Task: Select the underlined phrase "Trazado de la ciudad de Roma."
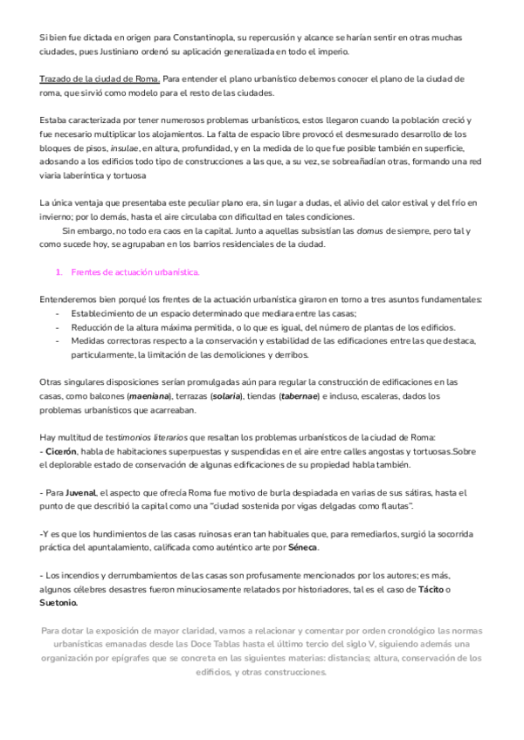(100, 79)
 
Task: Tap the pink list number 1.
(58, 271)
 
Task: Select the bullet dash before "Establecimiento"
(58, 313)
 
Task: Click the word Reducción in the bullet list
(95, 327)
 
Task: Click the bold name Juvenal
(77, 493)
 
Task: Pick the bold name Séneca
(300, 548)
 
